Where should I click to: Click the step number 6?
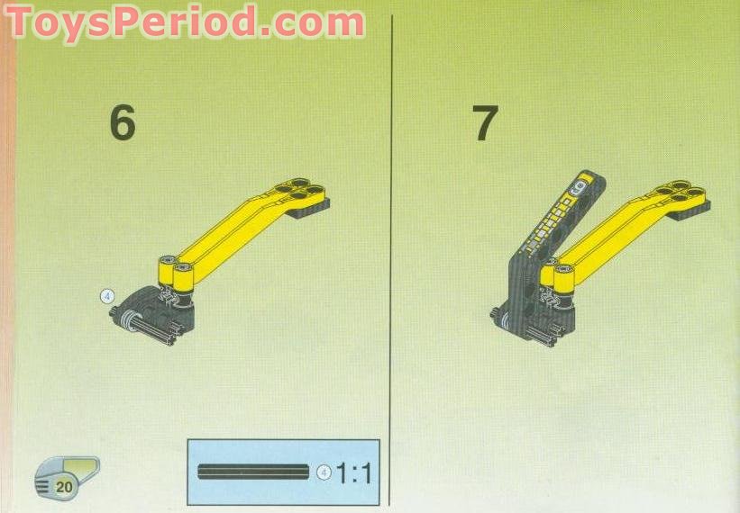122,123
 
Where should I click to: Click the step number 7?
485,123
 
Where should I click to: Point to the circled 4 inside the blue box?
324,472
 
